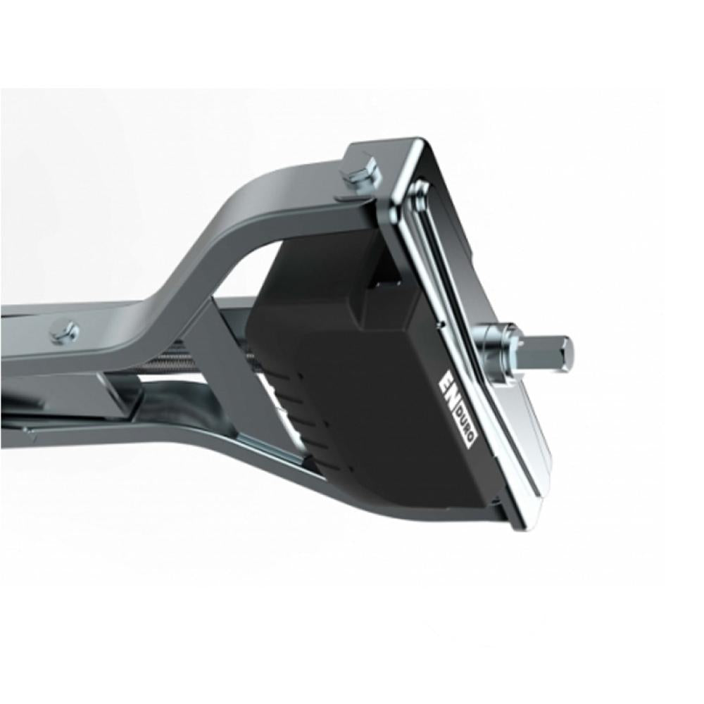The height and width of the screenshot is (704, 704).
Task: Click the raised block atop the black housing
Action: point(391,296)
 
